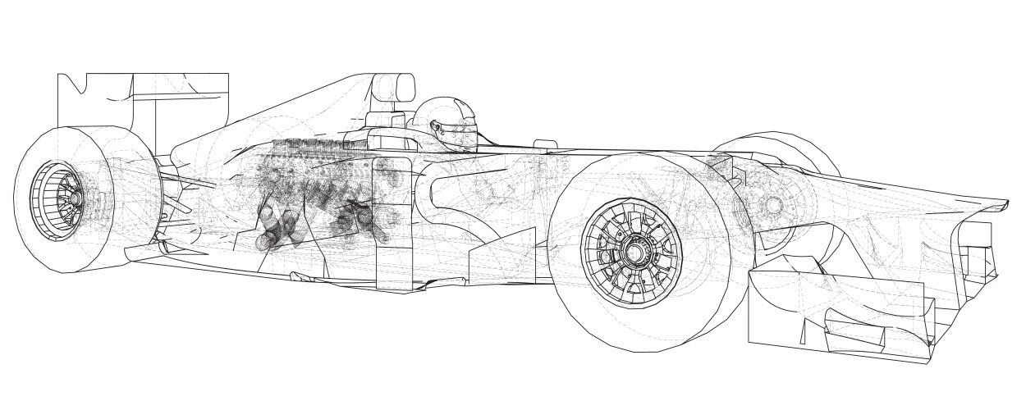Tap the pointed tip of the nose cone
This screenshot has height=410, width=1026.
pyautogui.click(x=1006, y=202)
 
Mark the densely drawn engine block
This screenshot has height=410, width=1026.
pyautogui.click(x=320, y=197)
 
